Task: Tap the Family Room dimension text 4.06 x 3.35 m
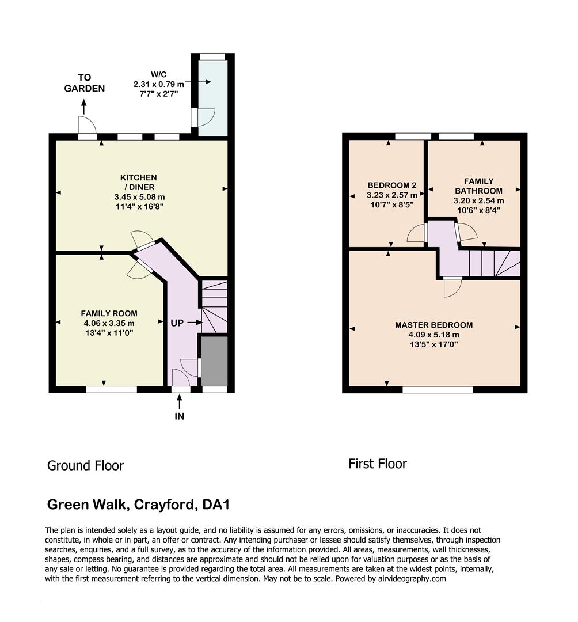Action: coord(109,323)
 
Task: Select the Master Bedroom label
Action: coord(434,325)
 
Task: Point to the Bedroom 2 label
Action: coord(391,185)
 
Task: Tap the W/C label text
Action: coord(159,74)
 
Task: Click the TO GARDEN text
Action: coord(85,83)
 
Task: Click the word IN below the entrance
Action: coord(180,416)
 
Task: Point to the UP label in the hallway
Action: coord(177,323)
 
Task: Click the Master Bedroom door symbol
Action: coord(452,287)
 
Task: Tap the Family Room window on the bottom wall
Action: coord(111,389)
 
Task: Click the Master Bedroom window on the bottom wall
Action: coord(438,390)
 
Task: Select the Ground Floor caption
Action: coord(85,465)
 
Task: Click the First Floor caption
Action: coord(378,464)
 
